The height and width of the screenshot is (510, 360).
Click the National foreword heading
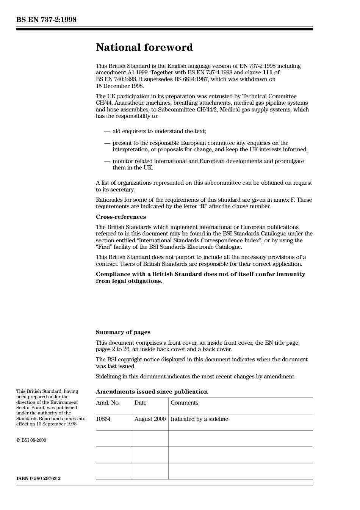pyautogui.click(x=144, y=47)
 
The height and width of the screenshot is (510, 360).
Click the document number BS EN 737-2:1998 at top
pyautogui.click(x=46, y=20)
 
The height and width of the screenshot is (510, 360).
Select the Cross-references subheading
pyautogui.click(x=121, y=217)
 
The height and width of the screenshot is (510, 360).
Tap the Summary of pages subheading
pyautogui.click(x=123, y=332)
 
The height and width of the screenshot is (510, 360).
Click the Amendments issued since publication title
pyautogui.click(x=152, y=392)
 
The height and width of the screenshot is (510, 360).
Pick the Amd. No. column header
pyautogui.click(x=108, y=403)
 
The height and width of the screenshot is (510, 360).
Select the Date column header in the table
pyautogui.click(x=140, y=403)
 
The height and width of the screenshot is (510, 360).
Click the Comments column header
pyautogui.click(x=184, y=403)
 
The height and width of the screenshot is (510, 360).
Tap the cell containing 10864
pyautogui.click(x=103, y=419)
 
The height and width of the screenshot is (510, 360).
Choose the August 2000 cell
pyautogui.click(x=150, y=419)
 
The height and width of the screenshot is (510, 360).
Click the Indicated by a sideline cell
pyautogui.click(x=199, y=419)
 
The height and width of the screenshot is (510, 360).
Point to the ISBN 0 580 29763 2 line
pyautogui.click(x=38, y=478)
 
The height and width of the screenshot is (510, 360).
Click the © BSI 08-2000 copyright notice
pyautogui.click(x=31, y=440)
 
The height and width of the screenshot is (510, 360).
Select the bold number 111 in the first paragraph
pyautogui.click(x=267, y=72)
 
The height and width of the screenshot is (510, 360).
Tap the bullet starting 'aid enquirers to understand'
pyautogui.click(x=159, y=131)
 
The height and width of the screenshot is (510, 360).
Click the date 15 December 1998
pyautogui.click(x=120, y=86)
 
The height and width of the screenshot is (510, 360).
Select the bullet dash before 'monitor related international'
pyautogui.click(x=107, y=161)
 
